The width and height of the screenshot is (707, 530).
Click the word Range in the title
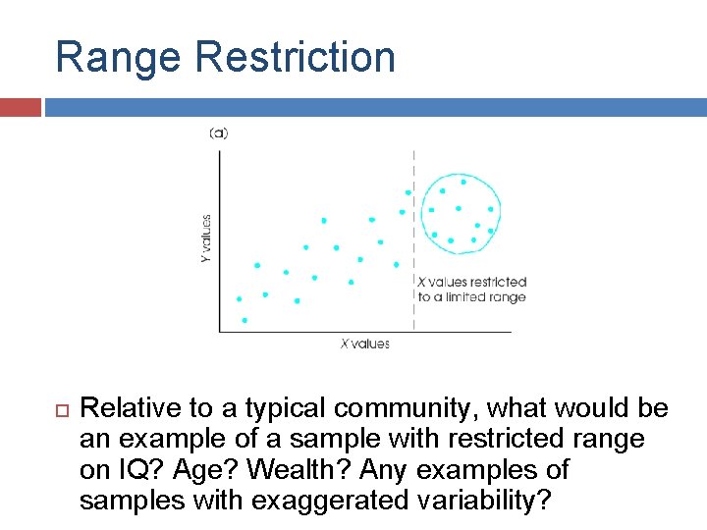(x=119, y=57)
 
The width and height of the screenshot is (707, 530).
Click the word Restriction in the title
(x=295, y=57)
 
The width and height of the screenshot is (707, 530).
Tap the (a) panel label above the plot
(x=218, y=132)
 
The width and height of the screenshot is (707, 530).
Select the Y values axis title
(x=206, y=238)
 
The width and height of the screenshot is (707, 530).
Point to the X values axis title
(x=364, y=344)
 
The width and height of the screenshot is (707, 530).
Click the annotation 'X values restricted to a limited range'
(x=472, y=290)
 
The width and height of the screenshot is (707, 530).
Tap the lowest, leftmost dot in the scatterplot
(x=245, y=320)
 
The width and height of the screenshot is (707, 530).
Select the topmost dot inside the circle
(x=463, y=181)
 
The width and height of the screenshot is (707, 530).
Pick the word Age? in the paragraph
(x=193, y=470)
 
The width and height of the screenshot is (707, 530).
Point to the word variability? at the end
(x=495, y=501)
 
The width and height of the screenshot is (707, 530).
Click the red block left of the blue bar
(x=21, y=107)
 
